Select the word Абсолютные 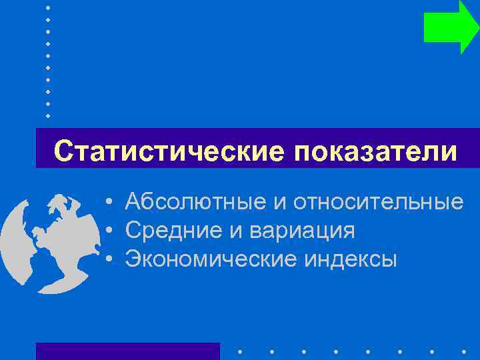coord(192,201)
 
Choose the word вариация coord(302,231)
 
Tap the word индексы coord(351,259)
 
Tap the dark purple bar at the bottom coord(127,351)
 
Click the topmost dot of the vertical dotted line coord(48,7)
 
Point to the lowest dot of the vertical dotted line coord(48,115)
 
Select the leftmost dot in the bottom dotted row coord(239,351)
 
